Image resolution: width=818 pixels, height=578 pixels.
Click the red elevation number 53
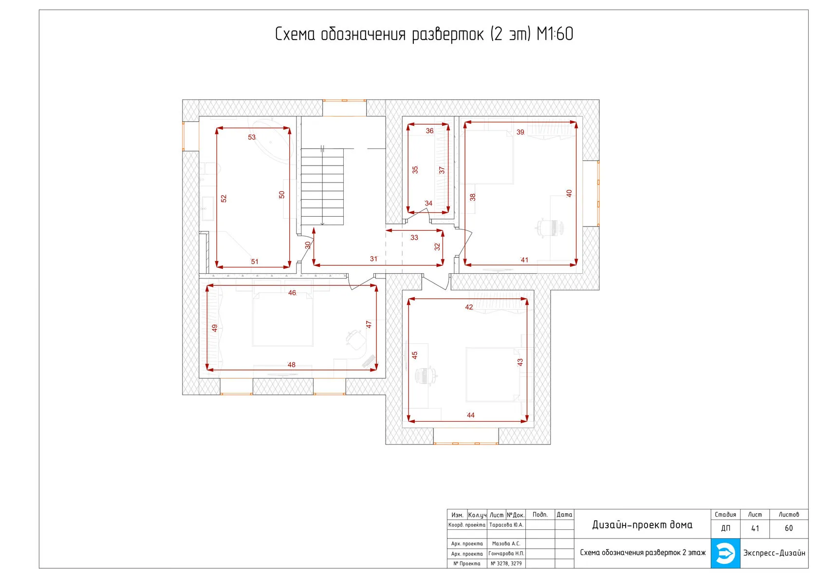click(252, 137)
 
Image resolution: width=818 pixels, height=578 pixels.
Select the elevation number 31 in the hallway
click(373, 259)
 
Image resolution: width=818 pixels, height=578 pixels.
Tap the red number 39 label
click(520, 132)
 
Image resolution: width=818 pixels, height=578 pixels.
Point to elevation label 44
click(470, 415)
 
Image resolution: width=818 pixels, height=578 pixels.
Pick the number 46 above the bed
click(292, 293)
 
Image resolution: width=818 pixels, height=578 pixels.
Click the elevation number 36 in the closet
click(429, 131)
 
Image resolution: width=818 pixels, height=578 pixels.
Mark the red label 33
click(414, 237)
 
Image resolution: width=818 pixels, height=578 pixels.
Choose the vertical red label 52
click(224, 198)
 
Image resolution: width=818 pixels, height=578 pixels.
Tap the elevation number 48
click(291, 365)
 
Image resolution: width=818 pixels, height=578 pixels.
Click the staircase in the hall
click(322, 186)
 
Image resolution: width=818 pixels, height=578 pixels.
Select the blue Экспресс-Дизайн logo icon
click(725, 553)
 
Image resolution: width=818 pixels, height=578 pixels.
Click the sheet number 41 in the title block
click(755, 528)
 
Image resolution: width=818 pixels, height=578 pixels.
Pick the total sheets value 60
click(788, 528)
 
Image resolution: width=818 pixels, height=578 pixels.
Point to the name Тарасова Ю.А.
click(506, 525)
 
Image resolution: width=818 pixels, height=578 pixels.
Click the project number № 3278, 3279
click(506, 563)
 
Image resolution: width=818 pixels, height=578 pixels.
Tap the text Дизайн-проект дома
click(642, 525)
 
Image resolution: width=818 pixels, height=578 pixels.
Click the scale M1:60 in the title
click(555, 34)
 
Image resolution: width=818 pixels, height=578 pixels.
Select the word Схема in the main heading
click(295, 34)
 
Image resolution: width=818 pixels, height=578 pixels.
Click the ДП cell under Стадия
click(725, 528)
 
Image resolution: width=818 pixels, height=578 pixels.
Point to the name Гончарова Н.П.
click(506, 554)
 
